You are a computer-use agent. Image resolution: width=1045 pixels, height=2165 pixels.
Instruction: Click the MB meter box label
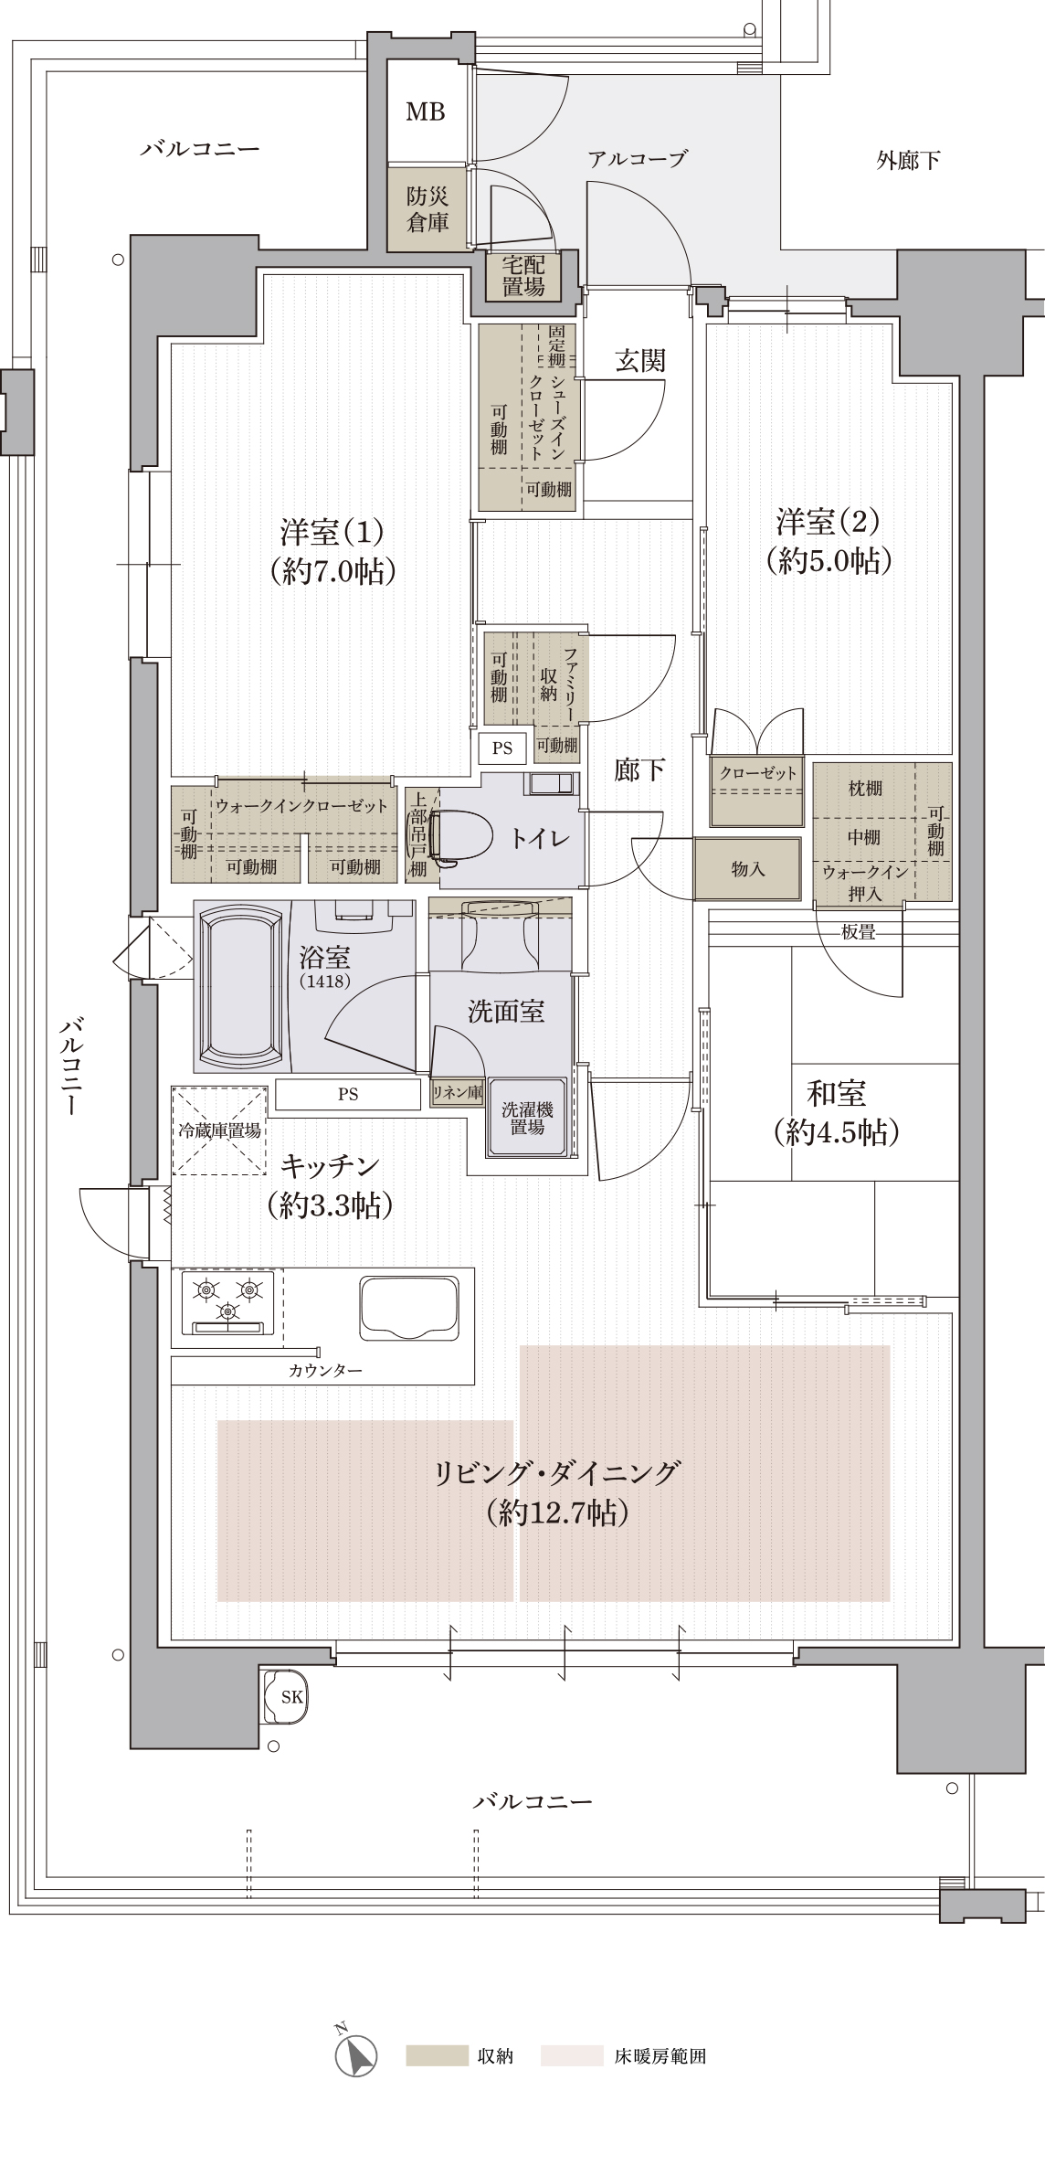(x=426, y=111)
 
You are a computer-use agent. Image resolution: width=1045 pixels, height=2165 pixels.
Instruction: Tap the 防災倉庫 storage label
(x=427, y=209)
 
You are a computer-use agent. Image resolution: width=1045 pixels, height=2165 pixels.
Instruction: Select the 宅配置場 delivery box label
(x=523, y=276)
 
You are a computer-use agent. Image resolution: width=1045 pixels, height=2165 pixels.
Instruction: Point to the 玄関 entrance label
(x=639, y=362)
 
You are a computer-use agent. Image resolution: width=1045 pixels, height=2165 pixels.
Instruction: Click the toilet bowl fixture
(x=464, y=835)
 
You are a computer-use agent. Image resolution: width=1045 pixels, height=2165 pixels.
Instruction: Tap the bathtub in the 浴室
(x=241, y=988)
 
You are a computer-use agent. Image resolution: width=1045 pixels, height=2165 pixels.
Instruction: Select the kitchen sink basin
(x=409, y=1308)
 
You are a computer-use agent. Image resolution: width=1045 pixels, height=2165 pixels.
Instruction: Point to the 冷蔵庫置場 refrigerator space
(x=219, y=1130)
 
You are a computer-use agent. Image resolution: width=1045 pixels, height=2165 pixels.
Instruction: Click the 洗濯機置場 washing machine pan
(x=527, y=1118)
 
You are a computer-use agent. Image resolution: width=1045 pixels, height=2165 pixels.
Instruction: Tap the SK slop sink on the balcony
(x=287, y=1697)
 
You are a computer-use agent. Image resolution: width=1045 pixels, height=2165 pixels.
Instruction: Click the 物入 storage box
(x=747, y=869)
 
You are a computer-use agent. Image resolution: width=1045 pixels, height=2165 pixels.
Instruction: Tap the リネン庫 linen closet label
(x=457, y=1092)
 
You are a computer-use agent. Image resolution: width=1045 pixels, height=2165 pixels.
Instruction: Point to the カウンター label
(x=325, y=1371)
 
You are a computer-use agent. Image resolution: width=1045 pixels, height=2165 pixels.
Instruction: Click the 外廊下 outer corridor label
(x=908, y=161)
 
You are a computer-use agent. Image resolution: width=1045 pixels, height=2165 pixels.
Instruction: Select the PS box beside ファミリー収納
(x=502, y=748)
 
